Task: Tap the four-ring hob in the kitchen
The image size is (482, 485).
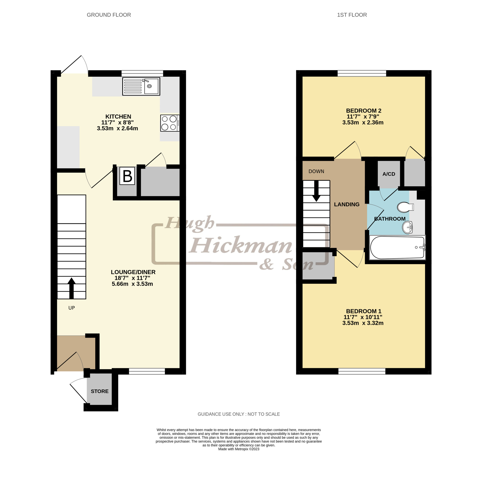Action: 170,123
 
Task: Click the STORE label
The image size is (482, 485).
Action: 100,391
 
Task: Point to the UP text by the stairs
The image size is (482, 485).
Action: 72,308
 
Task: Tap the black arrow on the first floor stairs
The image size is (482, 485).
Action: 316,191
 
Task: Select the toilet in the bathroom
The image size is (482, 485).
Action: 405,207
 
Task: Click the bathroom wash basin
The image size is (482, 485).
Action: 408,227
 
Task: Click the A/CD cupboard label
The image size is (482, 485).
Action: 389,174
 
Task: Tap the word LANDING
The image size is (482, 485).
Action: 347,204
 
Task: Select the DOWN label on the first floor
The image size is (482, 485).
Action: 316,171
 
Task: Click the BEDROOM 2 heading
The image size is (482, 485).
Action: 364,110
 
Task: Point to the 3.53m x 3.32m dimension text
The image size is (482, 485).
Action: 363,323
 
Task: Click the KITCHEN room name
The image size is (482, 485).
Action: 118,117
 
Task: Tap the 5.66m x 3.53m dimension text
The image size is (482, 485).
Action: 132,284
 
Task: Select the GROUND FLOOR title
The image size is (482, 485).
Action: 109,15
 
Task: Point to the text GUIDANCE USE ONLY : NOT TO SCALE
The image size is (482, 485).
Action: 239,414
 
